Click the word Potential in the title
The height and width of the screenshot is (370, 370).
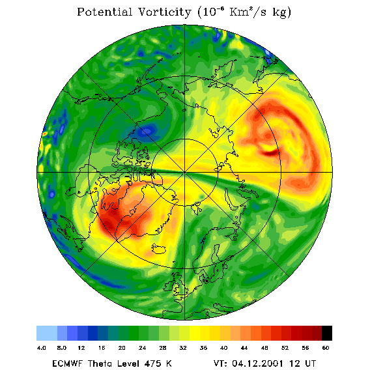pyautogui.click(x=104, y=12)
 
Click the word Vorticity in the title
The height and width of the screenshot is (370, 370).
pyautogui.click(x=164, y=12)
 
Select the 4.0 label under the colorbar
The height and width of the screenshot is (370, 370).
pyautogui.click(x=41, y=348)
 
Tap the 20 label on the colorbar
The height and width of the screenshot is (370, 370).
pyautogui.click(x=122, y=348)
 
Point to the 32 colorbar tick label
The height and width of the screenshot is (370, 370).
pyautogui.click(x=183, y=348)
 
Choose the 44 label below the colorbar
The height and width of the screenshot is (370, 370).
pyautogui.click(x=244, y=348)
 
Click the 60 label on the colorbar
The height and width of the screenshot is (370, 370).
pyautogui.click(x=326, y=348)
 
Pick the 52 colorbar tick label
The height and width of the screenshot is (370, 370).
pyautogui.click(x=285, y=348)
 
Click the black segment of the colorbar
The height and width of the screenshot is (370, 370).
pyautogui.click(x=327, y=333)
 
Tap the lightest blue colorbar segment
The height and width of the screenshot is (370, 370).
pyautogui.click(x=47, y=333)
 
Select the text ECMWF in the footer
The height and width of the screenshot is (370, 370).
pyautogui.click(x=67, y=363)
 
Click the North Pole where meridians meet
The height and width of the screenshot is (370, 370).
pyautogui.click(x=185, y=173)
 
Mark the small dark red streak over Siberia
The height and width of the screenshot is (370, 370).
pyautogui.click(x=270, y=153)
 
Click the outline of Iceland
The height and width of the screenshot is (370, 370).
pyautogui.click(x=158, y=249)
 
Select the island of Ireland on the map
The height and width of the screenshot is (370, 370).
pyautogui.click(x=169, y=286)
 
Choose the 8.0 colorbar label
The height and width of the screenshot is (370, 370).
pyautogui.click(x=62, y=348)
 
